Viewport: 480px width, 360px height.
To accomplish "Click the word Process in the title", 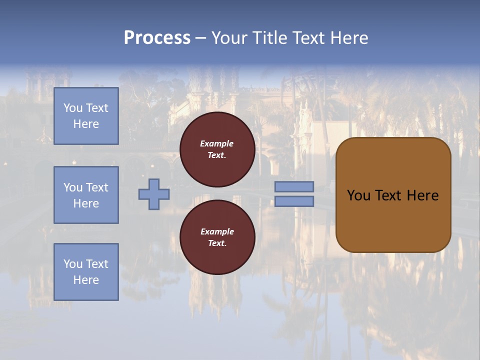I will [x=157, y=38].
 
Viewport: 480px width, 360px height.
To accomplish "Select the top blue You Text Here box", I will [x=86, y=116].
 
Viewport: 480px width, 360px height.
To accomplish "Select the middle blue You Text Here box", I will [x=86, y=195].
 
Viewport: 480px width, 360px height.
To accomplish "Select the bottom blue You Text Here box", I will [x=86, y=271].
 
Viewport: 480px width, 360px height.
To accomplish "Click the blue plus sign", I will [x=154, y=194].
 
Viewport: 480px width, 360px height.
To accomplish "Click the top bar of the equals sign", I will [x=294, y=186].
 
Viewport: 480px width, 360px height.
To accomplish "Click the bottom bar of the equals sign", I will [x=294, y=201].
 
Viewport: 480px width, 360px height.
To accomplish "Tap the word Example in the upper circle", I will [x=217, y=143].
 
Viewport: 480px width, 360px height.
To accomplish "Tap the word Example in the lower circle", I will [x=217, y=231].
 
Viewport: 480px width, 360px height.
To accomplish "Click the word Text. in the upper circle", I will [x=217, y=155].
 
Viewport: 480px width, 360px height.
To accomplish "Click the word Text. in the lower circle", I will [x=217, y=243].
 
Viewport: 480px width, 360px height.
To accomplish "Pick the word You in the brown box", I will [x=358, y=195].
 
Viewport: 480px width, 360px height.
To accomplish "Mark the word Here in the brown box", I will [x=422, y=195].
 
